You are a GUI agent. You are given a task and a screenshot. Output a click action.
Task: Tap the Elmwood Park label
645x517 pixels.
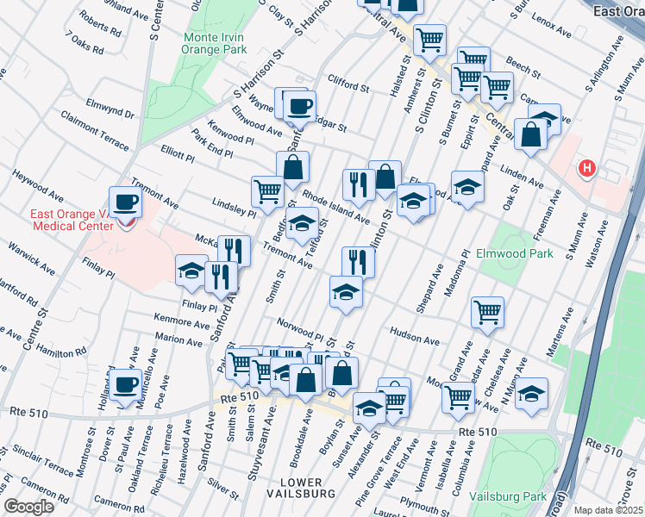pos(515,254)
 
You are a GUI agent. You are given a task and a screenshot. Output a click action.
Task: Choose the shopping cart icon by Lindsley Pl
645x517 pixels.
pos(268,191)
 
